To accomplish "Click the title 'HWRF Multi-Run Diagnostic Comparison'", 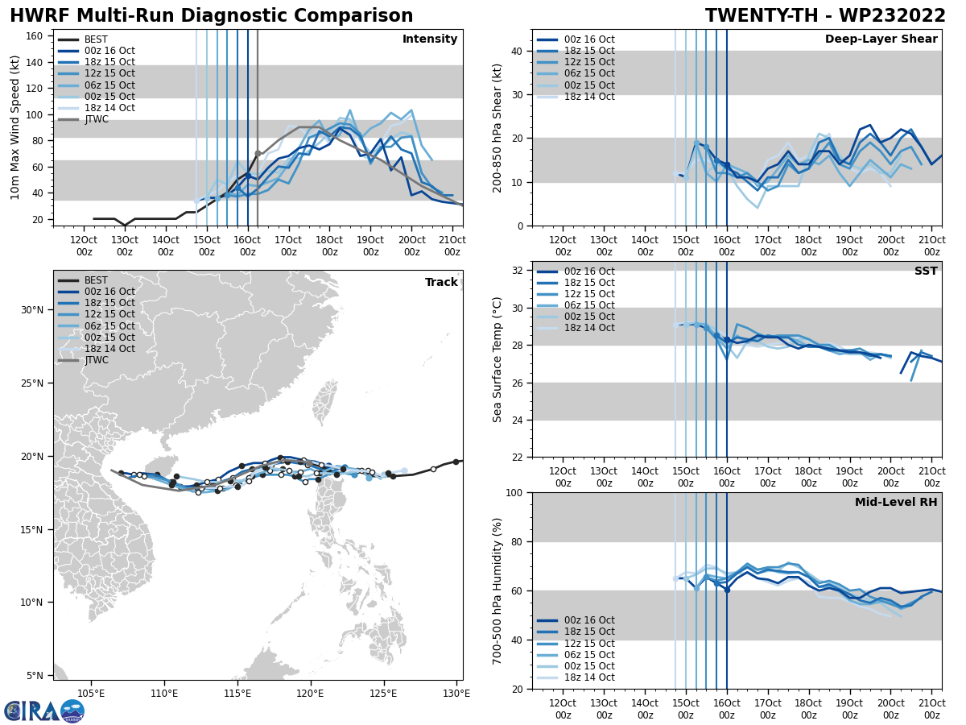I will [211, 16].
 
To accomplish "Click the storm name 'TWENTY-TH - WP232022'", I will [825, 16].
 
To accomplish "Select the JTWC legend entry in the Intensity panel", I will [96, 119].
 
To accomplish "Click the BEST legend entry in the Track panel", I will [96, 280].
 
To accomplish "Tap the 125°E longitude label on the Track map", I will [383, 694].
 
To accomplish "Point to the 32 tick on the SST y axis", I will [517, 271].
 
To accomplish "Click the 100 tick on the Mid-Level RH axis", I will [512, 492].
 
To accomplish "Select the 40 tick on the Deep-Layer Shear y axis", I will [517, 52].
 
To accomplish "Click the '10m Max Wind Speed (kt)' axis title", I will [15, 126].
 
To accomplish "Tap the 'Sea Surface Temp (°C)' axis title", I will [497, 359].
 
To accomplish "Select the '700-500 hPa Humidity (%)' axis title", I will [497, 590].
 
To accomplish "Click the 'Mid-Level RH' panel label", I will [896, 503].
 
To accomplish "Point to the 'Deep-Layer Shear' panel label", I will [881, 39].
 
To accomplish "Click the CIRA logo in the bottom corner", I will [43, 711].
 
